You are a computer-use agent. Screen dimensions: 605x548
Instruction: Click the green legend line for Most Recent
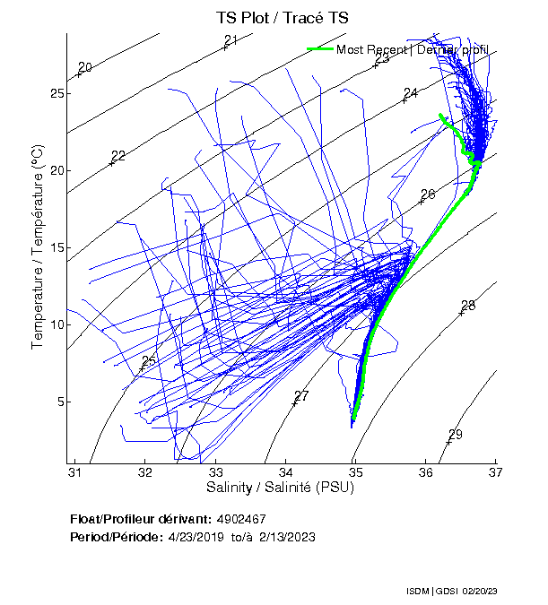point(320,49)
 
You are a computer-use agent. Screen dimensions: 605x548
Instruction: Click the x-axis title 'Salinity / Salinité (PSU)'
point(285,487)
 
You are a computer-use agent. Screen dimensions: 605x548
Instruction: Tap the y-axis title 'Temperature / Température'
point(39,247)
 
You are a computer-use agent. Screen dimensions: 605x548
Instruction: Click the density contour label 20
point(85,67)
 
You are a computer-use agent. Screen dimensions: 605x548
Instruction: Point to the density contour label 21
point(231,39)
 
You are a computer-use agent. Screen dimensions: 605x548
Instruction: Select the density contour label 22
point(117,156)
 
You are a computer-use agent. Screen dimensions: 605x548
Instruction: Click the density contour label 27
point(301,396)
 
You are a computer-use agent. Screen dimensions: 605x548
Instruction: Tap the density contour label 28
point(468,306)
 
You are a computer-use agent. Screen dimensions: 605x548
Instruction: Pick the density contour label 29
point(456,435)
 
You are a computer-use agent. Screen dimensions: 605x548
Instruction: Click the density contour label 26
point(428,194)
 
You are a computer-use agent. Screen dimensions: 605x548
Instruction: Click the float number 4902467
point(241,519)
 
